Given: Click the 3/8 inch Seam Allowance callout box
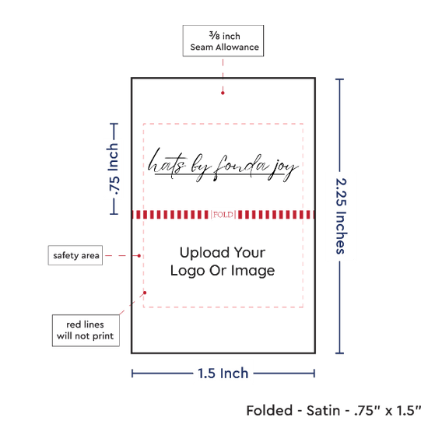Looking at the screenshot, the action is click(223, 40).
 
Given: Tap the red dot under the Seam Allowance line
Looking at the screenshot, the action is click(223, 93).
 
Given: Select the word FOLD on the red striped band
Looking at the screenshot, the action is click(223, 215).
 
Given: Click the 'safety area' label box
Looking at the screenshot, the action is click(75, 255).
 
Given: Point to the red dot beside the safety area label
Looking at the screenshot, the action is click(139, 256).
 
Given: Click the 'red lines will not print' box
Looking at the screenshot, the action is click(86, 330).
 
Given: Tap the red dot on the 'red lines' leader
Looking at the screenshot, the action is click(145, 293).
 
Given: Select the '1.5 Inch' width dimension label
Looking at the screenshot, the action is click(223, 373).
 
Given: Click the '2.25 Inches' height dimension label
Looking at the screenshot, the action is click(341, 216).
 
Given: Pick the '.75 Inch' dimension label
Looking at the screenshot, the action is click(114, 169).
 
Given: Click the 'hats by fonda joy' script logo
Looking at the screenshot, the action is click(223, 165).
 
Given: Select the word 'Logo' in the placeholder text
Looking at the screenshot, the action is click(188, 271).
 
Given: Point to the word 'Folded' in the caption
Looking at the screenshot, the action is click(269, 411).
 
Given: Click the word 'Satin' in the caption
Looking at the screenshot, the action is click(324, 411).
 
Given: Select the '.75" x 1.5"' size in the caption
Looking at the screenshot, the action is click(388, 411).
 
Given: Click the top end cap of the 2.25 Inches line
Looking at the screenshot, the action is click(339, 79).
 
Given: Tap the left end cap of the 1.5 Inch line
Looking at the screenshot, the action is click(132, 374).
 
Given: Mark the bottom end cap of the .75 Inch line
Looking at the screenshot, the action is click(114, 214).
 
